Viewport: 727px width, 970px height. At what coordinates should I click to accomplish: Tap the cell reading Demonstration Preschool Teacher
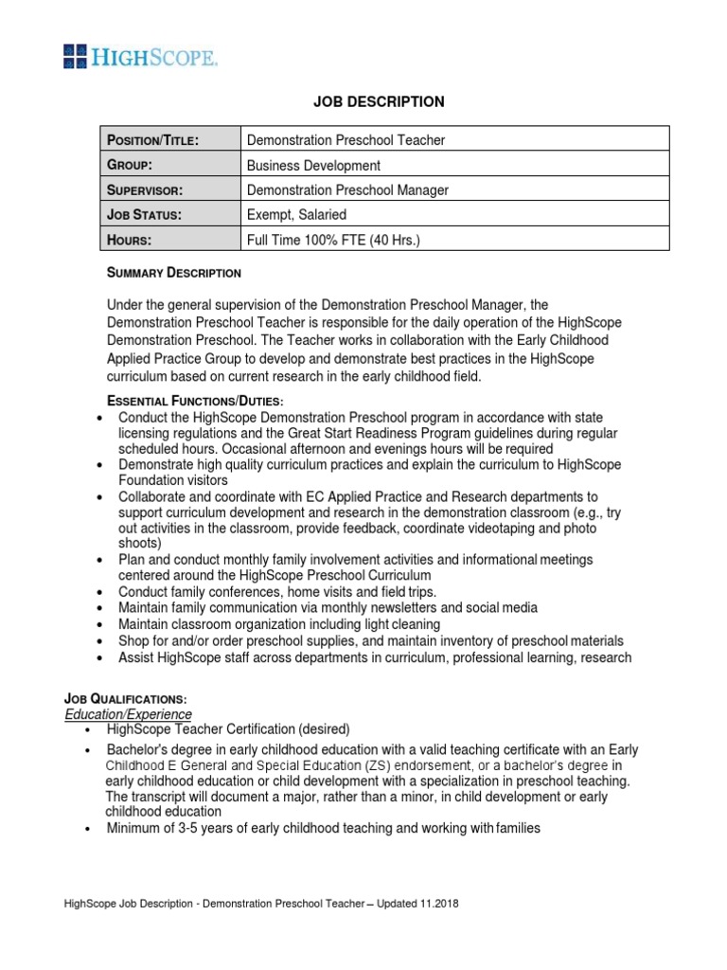pos(346,140)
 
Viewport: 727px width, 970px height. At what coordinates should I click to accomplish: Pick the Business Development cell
pos(313,165)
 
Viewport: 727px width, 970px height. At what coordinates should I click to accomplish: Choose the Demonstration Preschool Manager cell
pos(347,190)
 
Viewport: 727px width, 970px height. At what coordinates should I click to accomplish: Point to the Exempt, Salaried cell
pos(296,215)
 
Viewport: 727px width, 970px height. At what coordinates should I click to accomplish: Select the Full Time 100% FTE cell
pos(332,240)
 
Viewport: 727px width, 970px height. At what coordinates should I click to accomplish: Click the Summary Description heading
pos(173,273)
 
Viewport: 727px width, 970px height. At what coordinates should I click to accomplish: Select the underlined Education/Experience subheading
pos(128,714)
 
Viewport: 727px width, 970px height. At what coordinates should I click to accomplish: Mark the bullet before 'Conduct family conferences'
pos(101,592)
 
